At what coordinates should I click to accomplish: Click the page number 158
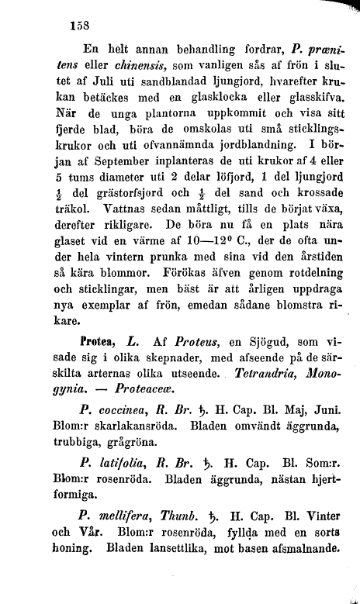80,24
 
